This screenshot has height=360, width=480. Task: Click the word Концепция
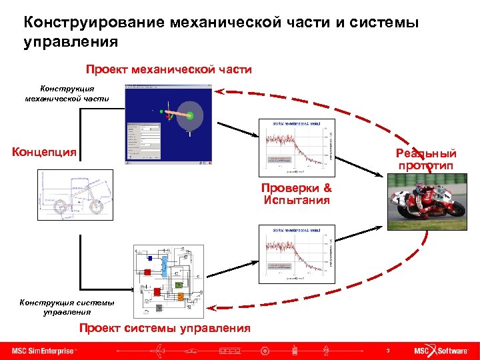44,151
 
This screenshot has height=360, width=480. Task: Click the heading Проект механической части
169,69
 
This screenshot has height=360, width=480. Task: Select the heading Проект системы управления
165,327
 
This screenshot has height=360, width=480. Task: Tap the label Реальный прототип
425,159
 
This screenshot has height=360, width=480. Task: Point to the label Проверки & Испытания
296,194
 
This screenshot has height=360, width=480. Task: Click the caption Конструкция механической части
67,93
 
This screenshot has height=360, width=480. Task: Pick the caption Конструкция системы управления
67,307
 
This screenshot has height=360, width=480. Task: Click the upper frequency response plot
295,145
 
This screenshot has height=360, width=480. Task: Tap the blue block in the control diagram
151,257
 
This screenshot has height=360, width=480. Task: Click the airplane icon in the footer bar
160,351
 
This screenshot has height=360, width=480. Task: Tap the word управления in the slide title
71,42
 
